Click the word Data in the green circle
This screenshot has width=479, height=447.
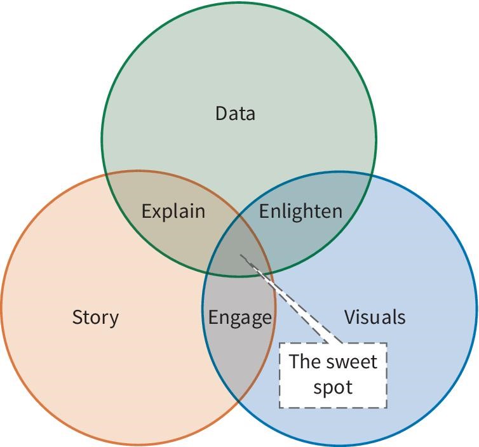click(235, 114)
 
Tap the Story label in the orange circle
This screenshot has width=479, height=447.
click(95, 317)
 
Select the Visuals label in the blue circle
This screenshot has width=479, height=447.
click(375, 317)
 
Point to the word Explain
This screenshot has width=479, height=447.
click(173, 211)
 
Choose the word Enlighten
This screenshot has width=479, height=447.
click(300, 211)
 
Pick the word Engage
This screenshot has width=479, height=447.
click(240, 317)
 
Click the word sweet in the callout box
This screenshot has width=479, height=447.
click(351, 362)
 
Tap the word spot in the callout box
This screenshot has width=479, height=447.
click(333, 387)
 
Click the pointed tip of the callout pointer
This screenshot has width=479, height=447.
click(241, 256)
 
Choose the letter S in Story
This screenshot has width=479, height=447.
click(77, 317)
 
